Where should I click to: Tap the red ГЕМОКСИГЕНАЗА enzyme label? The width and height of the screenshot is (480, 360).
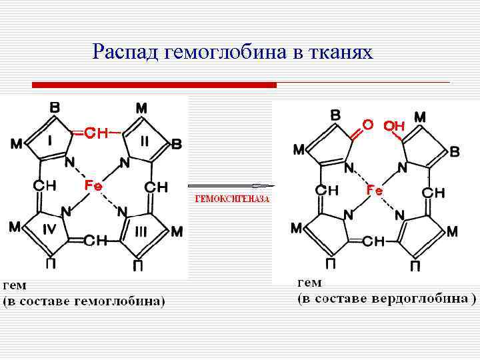[231, 199]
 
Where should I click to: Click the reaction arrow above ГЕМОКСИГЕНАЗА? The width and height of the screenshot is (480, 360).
[231, 185]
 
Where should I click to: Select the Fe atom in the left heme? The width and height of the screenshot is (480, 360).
[93, 185]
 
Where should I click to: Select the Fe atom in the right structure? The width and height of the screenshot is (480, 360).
[375, 191]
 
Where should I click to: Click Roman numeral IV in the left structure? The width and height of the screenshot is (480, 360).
[49, 231]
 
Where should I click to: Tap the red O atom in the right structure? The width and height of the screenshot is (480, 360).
[367, 125]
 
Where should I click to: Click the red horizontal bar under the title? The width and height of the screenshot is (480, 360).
[154, 85]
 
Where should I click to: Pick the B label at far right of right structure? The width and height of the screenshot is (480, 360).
[455, 151]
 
